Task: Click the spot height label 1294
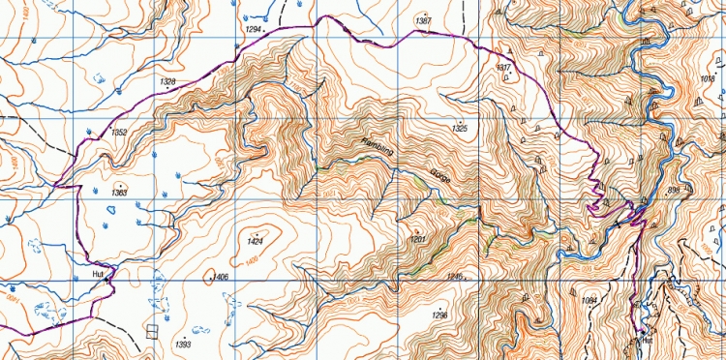(x=255, y=31)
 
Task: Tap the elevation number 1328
(x=167, y=82)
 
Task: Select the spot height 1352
(x=120, y=132)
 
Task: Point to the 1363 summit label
(x=119, y=193)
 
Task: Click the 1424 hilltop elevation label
(x=256, y=240)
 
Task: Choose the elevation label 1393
(x=182, y=345)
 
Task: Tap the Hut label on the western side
(x=97, y=274)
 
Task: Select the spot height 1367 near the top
(x=422, y=20)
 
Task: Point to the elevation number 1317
(x=502, y=68)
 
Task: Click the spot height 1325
(x=460, y=128)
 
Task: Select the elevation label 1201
(x=418, y=238)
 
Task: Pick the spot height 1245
(x=456, y=276)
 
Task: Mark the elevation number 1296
(x=440, y=315)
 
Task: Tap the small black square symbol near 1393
(x=151, y=331)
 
